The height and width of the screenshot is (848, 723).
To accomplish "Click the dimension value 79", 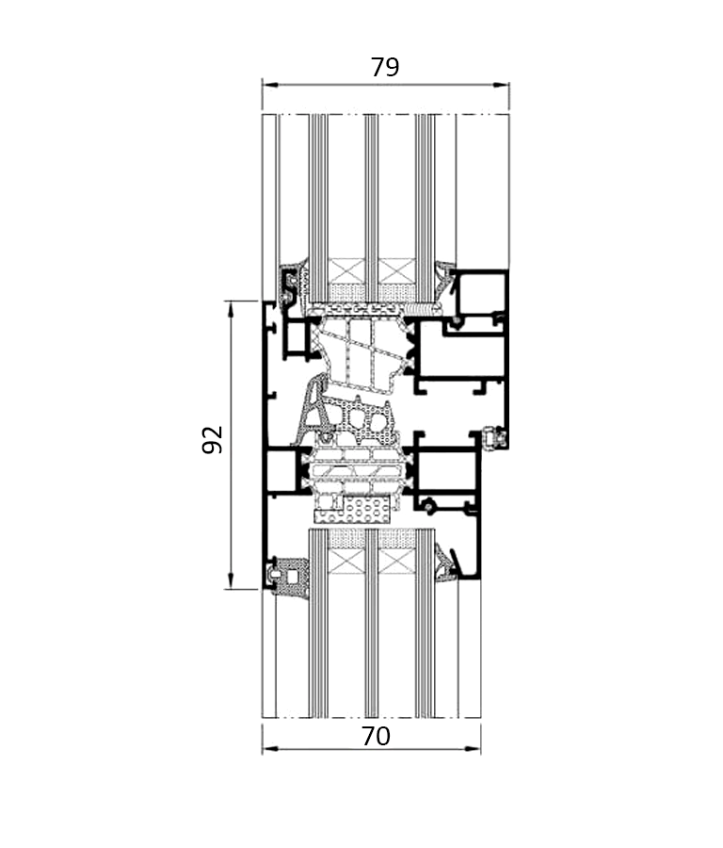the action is [x=385, y=68].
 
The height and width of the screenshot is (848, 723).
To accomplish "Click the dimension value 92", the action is [x=213, y=440].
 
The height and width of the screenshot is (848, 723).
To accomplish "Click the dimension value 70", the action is [x=376, y=736].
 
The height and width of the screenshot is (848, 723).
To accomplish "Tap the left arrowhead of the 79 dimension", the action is [x=269, y=85].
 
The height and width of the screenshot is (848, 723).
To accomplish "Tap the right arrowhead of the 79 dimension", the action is [x=502, y=85].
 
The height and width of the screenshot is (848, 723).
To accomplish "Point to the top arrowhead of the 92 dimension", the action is [x=231, y=309].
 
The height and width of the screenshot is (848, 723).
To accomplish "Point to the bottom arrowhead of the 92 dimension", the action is [x=231, y=581].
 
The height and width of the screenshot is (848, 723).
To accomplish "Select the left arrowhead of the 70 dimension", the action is [x=269, y=749].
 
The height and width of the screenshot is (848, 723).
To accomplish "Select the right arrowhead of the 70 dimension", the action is [x=474, y=749].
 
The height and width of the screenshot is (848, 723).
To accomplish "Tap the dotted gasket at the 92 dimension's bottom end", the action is [x=289, y=577].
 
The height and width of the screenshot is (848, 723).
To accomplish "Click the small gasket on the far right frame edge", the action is [x=494, y=438].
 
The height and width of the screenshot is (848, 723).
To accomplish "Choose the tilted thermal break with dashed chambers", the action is [x=364, y=354].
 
